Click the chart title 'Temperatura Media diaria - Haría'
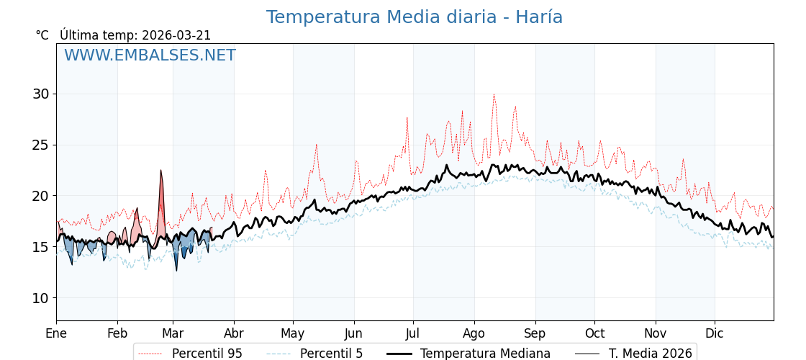(x=414, y=17)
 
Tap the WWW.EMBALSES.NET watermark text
(x=150, y=55)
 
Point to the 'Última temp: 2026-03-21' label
(x=135, y=35)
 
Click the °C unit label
(x=42, y=35)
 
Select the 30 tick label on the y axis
(x=40, y=94)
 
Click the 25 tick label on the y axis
(x=40, y=145)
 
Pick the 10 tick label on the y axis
(x=40, y=298)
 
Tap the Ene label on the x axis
(x=56, y=333)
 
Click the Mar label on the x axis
(x=173, y=333)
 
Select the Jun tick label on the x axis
(x=354, y=333)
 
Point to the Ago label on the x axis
(x=474, y=333)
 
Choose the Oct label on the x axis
(x=594, y=333)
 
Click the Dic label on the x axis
(x=715, y=333)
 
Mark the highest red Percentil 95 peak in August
(x=494, y=94)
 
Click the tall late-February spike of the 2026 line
(x=161, y=171)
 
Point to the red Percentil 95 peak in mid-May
(x=316, y=145)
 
